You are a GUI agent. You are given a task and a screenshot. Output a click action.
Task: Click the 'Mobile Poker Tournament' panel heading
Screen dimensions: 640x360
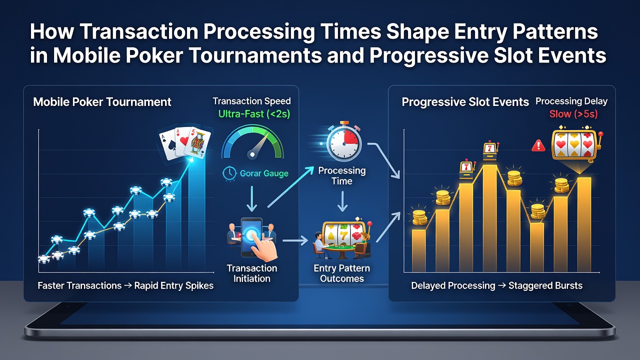click(x=102, y=102)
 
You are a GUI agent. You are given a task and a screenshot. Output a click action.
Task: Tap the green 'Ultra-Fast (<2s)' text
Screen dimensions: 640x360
click(x=254, y=114)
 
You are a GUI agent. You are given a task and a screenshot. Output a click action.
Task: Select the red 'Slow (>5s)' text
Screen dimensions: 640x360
click(x=573, y=114)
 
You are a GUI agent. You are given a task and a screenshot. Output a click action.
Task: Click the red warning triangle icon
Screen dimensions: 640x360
click(x=538, y=145)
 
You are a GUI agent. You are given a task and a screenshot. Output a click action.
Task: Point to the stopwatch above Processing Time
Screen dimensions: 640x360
click(x=343, y=141)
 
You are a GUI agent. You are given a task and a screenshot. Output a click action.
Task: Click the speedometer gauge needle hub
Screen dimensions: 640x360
click(x=252, y=154)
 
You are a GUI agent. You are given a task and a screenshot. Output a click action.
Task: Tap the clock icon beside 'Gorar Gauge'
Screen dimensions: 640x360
click(x=229, y=173)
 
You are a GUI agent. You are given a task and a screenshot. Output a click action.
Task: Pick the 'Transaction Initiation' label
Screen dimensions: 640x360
click(x=251, y=273)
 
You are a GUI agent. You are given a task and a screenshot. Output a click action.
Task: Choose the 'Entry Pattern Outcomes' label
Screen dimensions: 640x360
click(x=341, y=273)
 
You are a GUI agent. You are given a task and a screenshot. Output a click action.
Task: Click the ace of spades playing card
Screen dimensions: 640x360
click(x=168, y=144)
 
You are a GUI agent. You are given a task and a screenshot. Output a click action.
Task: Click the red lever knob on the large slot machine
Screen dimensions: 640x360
click(x=600, y=134)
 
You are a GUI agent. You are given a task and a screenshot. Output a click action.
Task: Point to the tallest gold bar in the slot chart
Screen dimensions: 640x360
click(x=490, y=218)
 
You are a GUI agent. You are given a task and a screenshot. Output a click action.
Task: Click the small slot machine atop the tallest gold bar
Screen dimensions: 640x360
click(x=489, y=150)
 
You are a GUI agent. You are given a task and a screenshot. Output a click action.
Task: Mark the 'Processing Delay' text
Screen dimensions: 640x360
click(x=571, y=101)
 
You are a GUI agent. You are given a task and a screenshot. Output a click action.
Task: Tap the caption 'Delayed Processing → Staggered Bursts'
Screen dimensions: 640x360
click(x=496, y=285)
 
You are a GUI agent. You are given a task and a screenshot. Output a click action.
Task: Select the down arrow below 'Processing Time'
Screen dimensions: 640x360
click(x=342, y=201)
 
